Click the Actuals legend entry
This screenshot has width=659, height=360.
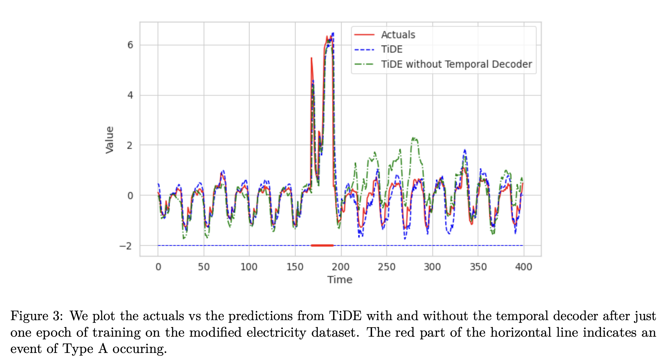pos(398,35)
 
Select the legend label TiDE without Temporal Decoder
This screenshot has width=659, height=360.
pos(456,64)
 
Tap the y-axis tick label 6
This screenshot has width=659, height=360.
pos(130,45)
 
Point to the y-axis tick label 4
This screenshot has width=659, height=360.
pos(130,95)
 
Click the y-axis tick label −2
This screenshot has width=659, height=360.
pos(125,246)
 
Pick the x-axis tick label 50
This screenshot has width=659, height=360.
pos(204,267)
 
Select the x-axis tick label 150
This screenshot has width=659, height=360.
pos(295,267)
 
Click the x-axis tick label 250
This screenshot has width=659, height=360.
pos(387,267)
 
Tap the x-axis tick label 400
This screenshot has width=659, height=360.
pos(523,267)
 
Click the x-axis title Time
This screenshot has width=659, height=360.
pos(340,280)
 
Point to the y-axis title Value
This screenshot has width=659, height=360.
pos(110,140)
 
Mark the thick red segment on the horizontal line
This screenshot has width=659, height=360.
pos(322,245)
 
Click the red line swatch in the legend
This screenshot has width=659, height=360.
pos(364,35)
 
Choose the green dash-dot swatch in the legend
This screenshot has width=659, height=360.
pos(364,64)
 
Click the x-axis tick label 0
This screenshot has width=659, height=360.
pos(158,267)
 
